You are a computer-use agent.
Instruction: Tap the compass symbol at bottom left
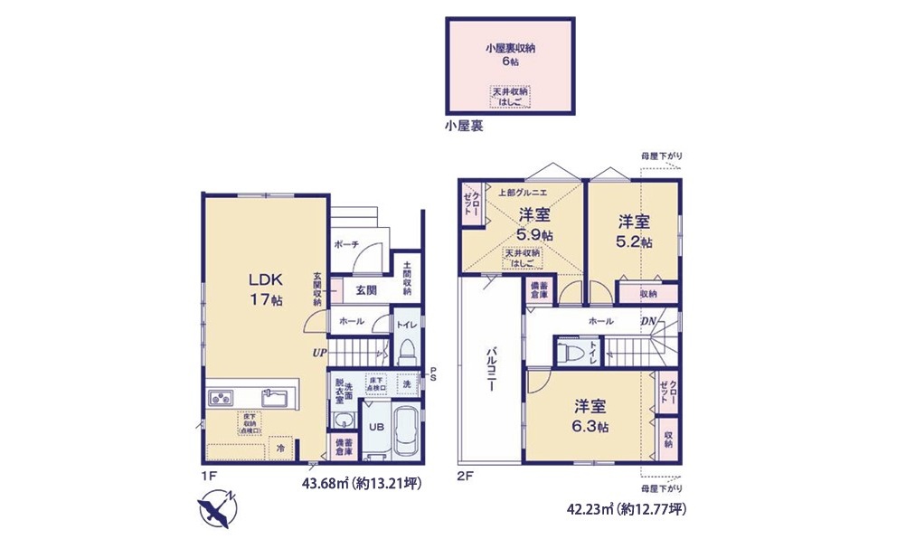[x=216, y=506]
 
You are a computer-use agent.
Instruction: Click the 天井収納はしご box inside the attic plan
[x=510, y=97]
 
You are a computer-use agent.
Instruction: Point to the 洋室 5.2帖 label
[x=635, y=232]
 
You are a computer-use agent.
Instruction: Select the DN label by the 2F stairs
[x=648, y=321]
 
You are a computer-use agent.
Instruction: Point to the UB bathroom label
[x=376, y=426]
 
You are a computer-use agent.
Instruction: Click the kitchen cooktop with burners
[x=221, y=398]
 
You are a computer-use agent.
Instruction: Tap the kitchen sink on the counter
[x=275, y=398]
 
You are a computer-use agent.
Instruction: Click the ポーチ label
[x=346, y=245]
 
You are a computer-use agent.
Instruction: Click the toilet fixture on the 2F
[x=571, y=352]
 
